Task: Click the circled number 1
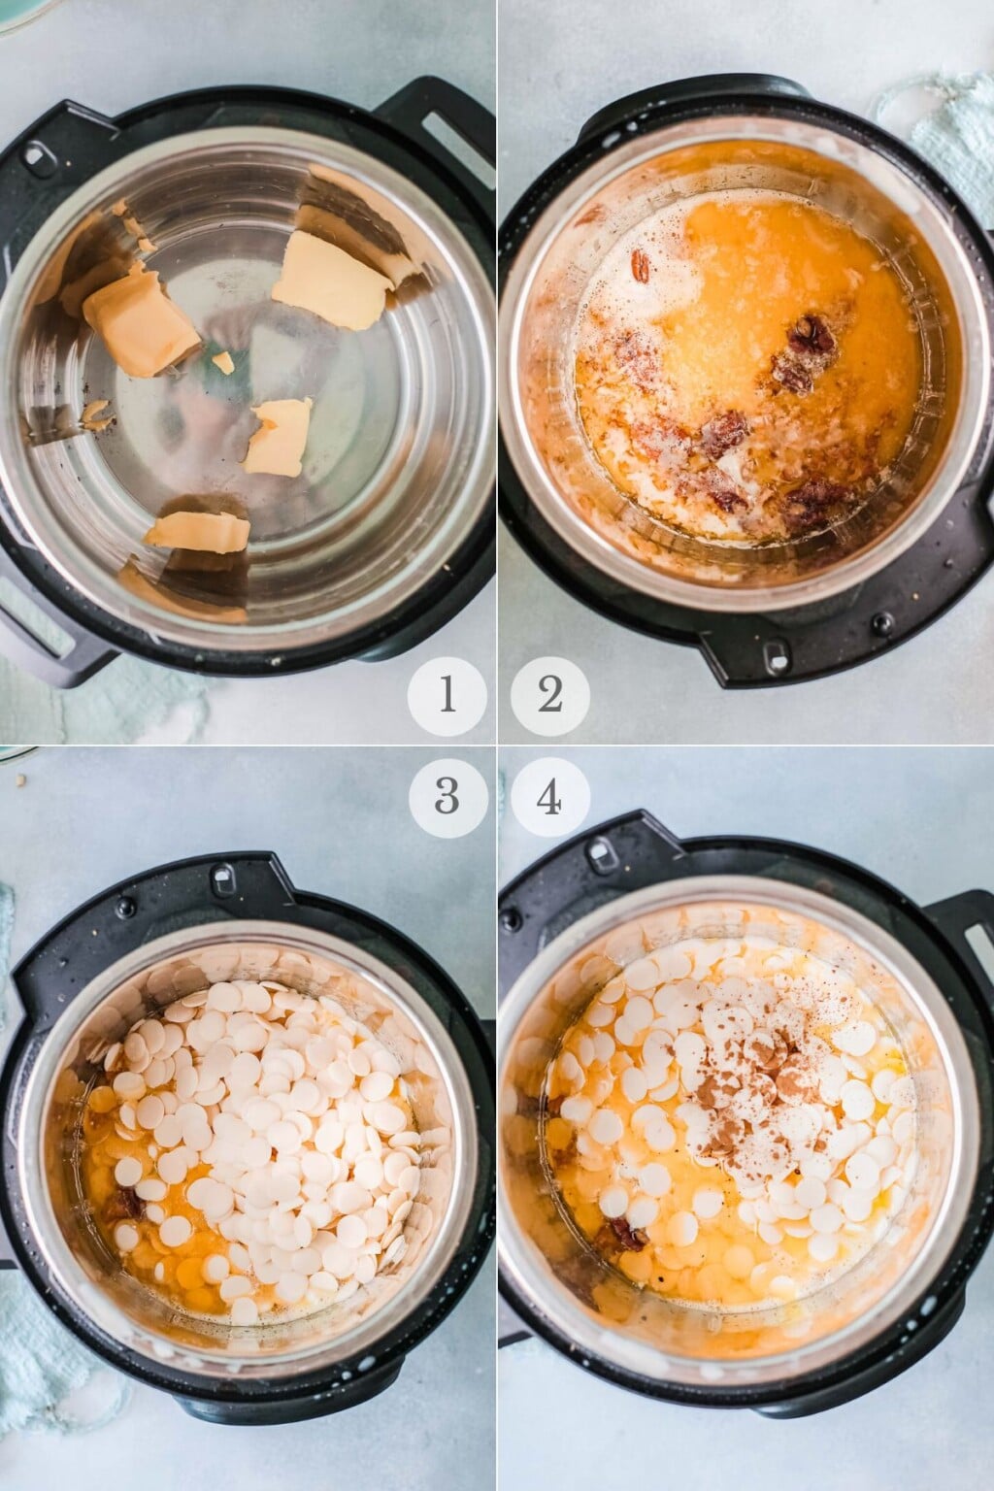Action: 447,696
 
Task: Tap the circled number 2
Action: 550,696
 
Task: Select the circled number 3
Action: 447,796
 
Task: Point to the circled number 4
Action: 550,796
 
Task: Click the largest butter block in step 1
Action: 141,322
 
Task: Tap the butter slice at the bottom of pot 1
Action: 198,531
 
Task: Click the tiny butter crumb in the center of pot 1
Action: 223,363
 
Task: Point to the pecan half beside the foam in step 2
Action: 641,263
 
